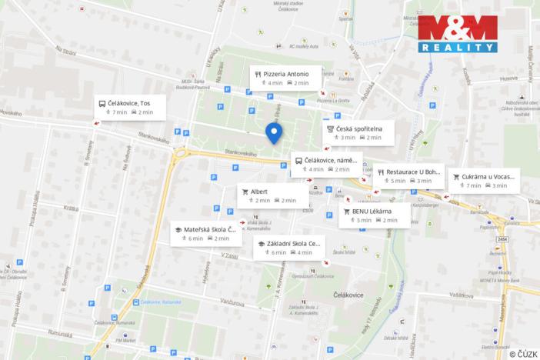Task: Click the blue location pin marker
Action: (x=273, y=132)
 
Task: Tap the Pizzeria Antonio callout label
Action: (x=281, y=78)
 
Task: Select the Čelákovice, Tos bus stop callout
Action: (x=125, y=107)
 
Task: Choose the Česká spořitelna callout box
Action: (x=358, y=132)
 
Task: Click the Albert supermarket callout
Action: (x=272, y=195)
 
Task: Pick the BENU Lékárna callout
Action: (x=375, y=215)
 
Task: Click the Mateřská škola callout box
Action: (x=203, y=233)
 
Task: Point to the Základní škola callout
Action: (x=289, y=248)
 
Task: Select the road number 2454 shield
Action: (x=503, y=239)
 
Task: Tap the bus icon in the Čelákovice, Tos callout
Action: (x=100, y=103)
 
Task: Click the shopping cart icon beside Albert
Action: (x=245, y=192)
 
